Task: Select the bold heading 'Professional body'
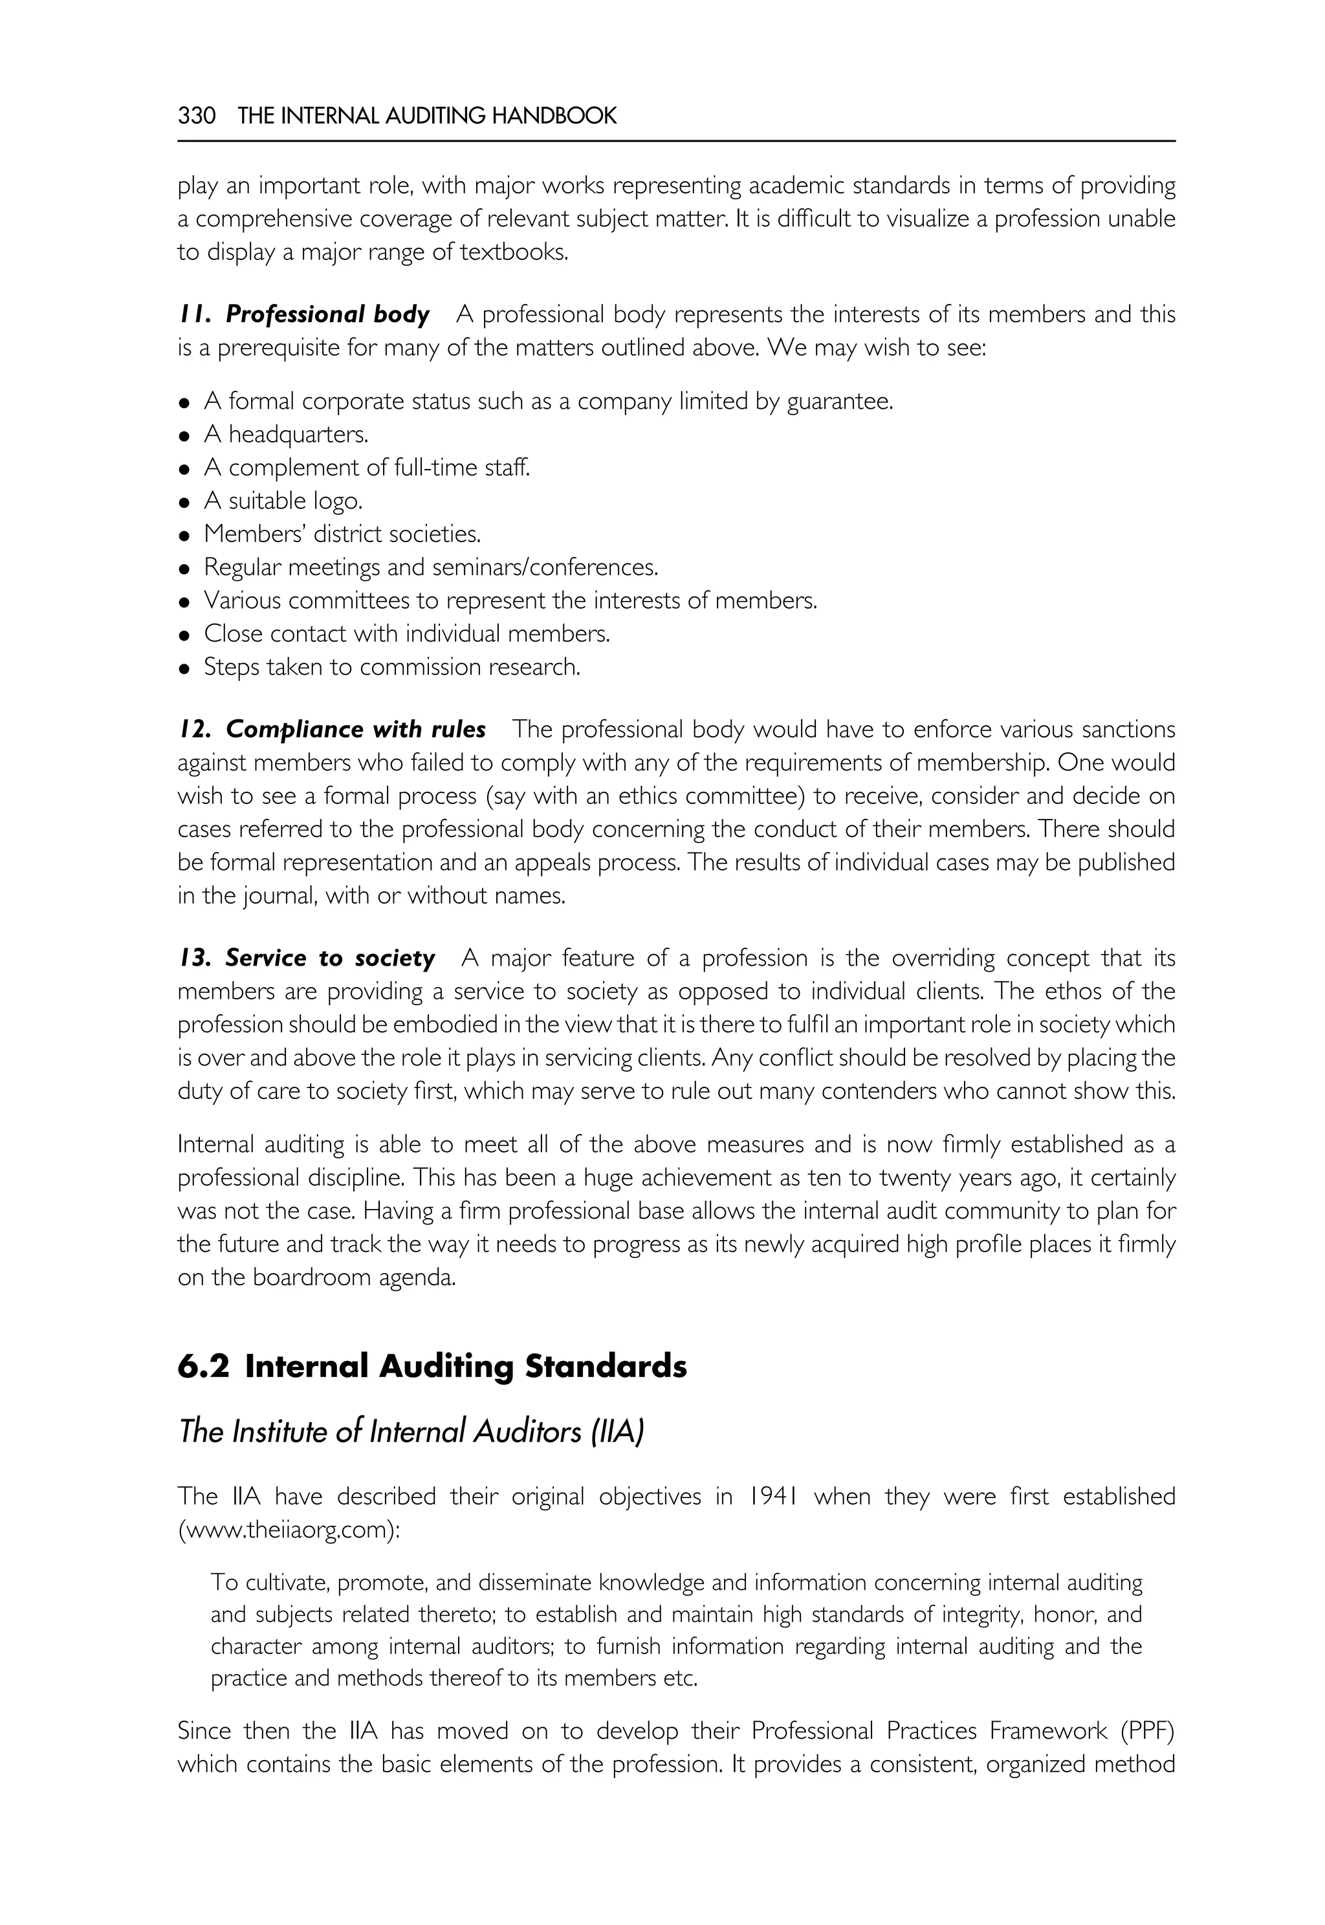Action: point(327,314)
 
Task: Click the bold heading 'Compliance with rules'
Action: point(355,730)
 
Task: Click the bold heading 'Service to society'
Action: point(329,958)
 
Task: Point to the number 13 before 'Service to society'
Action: point(193,958)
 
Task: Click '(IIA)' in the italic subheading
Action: point(617,1432)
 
